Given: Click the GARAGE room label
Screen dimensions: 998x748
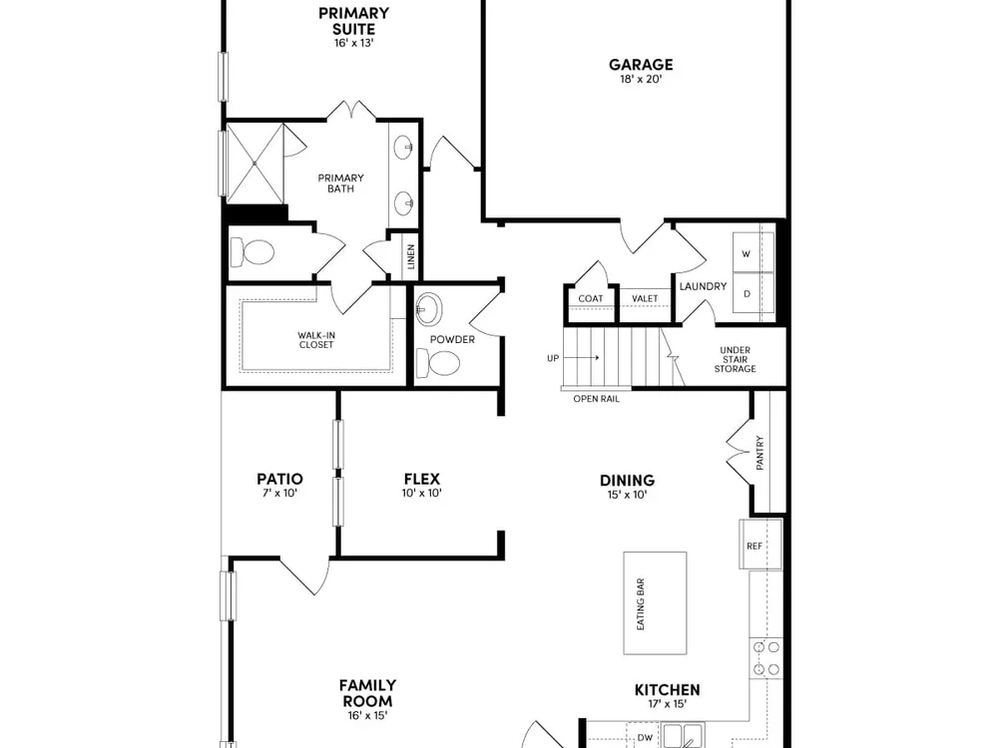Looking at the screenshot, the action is [x=641, y=64].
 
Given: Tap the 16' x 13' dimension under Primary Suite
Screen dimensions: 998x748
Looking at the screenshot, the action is [x=354, y=43].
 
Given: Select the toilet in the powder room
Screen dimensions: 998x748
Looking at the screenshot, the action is [x=438, y=363].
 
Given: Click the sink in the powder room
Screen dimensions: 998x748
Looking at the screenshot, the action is [x=428, y=309].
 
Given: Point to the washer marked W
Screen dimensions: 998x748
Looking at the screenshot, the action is [x=752, y=252].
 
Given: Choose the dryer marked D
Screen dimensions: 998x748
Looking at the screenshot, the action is [x=752, y=293].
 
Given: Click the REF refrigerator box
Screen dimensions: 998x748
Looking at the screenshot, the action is [x=760, y=546].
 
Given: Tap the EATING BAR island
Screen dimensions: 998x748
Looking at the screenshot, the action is [x=655, y=603].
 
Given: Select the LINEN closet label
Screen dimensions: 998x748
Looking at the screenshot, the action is [x=411, y=257].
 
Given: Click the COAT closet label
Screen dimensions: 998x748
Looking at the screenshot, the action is [x=591, y=298].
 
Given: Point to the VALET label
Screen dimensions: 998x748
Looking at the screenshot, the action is [x=645, y=298].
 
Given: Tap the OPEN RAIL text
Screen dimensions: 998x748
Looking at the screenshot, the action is [x=597, y=399].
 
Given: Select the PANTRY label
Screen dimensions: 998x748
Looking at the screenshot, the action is [x=759, y=452].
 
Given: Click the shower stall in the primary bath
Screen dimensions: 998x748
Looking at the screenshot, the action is [x=255, y=164].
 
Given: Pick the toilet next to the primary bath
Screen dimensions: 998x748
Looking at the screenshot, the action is [x=252, y=252].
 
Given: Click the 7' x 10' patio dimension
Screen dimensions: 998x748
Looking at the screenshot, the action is [x=280, y=493].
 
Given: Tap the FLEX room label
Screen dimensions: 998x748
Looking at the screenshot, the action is [x=422, y=479].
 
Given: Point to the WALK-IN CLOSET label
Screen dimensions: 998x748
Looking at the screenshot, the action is [x=316, y=340].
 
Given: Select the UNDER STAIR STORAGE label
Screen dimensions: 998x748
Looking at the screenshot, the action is [x=736, y=359].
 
